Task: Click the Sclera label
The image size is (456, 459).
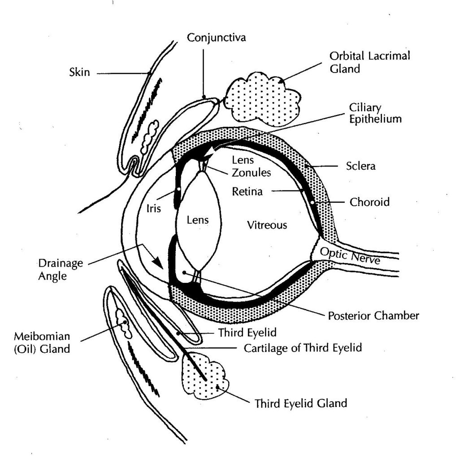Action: click(361, 166)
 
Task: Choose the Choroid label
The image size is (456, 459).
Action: click(369, 202)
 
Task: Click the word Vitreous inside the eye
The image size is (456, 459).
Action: click(267, 225)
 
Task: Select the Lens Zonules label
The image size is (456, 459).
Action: click(245, 166)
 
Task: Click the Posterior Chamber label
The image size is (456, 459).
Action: click(373, 316)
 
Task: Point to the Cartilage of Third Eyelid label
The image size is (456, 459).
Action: click(303, 348)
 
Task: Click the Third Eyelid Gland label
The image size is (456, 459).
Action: click(300, 403)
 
